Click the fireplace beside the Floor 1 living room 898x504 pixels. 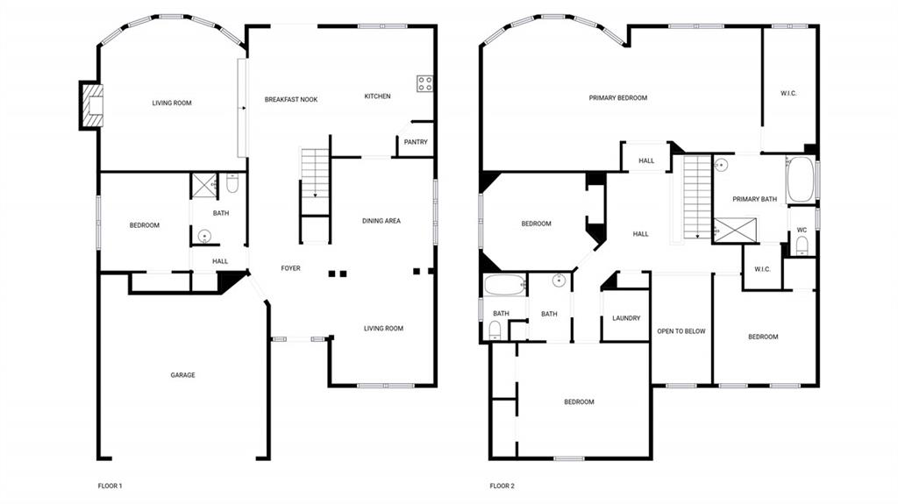[91, 104]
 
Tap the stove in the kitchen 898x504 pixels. [425, 84]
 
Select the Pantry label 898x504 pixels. [416, 142]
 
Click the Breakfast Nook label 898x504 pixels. [291, 100]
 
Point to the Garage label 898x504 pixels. [182, 375]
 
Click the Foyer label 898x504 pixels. [290, 268]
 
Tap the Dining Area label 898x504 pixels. [381, 221]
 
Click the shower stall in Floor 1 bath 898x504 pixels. [203, 185]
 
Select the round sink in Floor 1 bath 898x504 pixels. [203, 235]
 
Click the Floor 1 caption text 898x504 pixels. [110, 486]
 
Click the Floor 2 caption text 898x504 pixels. [502, 486]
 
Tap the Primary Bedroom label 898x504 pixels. [618, 98]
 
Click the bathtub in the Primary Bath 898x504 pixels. [800, 180]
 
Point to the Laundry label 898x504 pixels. [626, 318]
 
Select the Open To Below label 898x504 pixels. [681, 331]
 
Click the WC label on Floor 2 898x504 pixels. [802, 231]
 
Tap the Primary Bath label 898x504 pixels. [755, 199]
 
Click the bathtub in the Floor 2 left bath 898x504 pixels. [503, 286]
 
